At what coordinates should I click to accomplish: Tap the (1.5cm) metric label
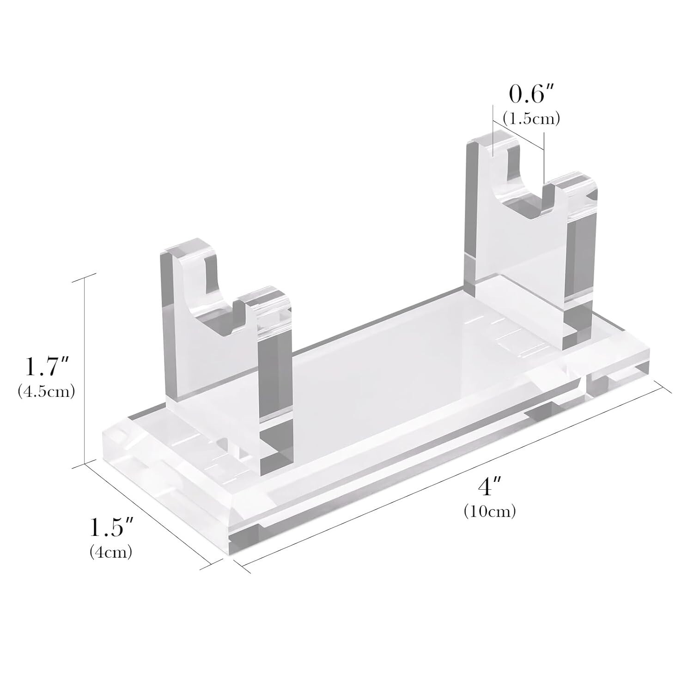point(531,119)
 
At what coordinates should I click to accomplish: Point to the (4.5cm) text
point(46,392)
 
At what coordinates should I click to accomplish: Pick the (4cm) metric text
point(111,552)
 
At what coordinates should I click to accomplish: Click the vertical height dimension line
point(85,370)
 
